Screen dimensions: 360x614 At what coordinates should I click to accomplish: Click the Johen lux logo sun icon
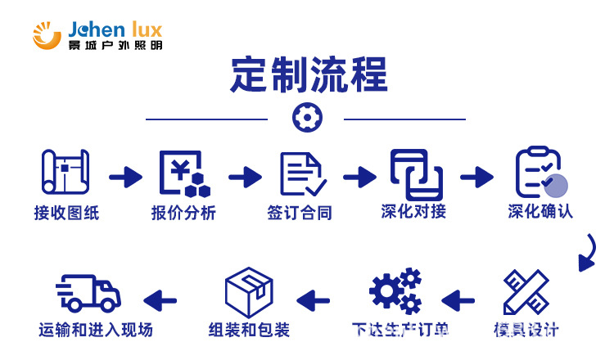(x=48, y=34)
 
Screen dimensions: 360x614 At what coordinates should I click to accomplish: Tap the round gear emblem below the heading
(x=307, y=118)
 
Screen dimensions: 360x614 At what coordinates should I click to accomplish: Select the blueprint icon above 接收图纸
(x=65, y=173)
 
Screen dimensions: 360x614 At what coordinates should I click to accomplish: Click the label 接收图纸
(x=65, y=213)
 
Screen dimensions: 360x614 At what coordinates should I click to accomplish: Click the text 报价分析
(x=183, y=213)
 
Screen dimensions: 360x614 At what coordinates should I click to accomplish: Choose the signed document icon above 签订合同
(x=303, y=173)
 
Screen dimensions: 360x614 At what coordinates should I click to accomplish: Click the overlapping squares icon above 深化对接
(x=416, y=173)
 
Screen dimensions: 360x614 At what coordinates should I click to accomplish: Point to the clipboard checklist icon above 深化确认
(x=540, y=173)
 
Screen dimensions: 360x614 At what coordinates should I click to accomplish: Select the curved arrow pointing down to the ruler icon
(x=587, y=253)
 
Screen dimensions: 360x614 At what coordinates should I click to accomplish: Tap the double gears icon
(x=395, y=291)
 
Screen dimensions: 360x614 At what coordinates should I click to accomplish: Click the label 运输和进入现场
(x=96, y=331)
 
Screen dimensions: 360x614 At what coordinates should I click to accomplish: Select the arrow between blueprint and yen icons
(x=125, y=176)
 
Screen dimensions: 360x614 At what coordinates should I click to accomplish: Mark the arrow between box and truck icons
(x=160, y=299)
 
